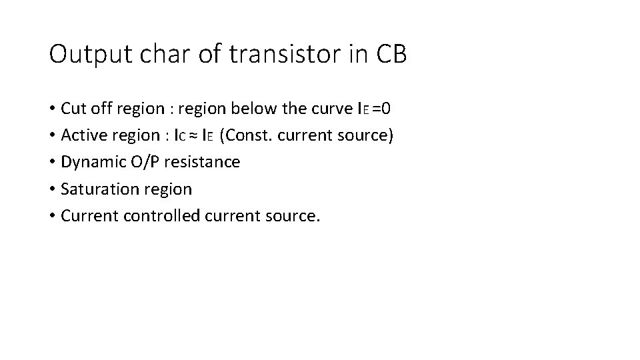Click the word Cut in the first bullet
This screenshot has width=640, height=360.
[x=72, y=108]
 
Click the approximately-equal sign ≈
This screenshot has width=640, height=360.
[x=193, y=136]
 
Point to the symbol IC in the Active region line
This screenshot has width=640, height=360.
[x=179, y=136]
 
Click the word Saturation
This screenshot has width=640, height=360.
[x=92, y=189]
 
